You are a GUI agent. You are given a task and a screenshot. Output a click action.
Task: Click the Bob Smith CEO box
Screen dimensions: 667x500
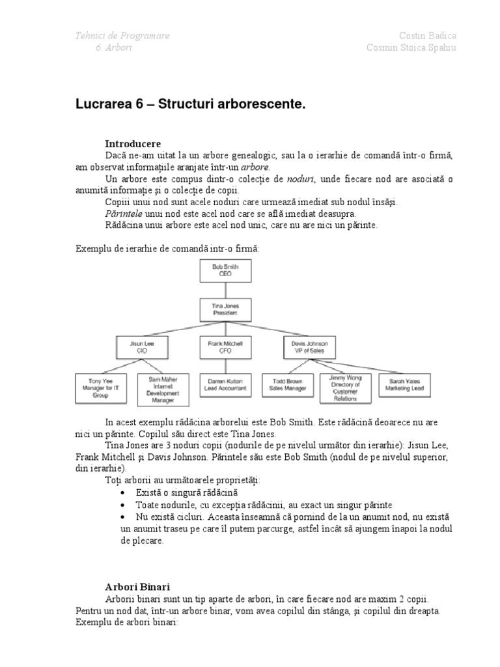pos(222,270)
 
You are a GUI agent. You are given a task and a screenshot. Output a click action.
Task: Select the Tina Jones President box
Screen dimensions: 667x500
pos(222,309)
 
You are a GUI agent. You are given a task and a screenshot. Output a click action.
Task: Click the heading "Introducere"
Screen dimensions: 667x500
pos(133,143)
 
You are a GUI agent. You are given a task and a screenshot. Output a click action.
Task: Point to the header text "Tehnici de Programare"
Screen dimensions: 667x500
pos(122,36)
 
